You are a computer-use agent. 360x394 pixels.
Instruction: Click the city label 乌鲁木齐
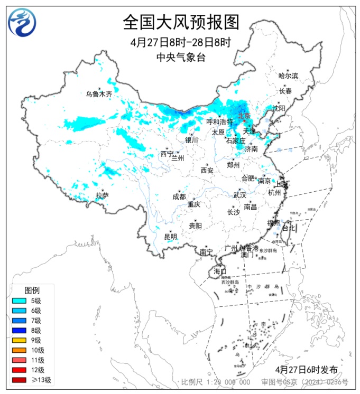[x=99, y=95]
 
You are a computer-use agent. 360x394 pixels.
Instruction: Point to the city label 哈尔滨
[x=288, y=76]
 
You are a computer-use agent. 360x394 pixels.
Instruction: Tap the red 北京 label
[x=244, y=116]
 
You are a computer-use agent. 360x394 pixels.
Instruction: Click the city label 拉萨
[x=102, y=195]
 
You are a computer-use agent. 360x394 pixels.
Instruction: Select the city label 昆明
[x=170, y=236]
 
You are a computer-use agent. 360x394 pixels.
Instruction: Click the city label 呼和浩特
[x=219, y=121]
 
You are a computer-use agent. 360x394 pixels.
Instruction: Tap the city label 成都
[x=179, y=196]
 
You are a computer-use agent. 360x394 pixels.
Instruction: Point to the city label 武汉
[x=239, y=195]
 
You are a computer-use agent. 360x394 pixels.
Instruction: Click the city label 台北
[x=289, y=229]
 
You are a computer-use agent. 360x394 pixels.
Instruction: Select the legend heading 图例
[x=32, y=290]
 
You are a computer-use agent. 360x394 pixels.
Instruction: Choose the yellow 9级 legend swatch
[x=19, y=340]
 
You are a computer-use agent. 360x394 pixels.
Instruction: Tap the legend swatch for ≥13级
[x=19, y=380]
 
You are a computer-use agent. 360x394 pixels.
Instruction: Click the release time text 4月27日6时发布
[x=306, y=369]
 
